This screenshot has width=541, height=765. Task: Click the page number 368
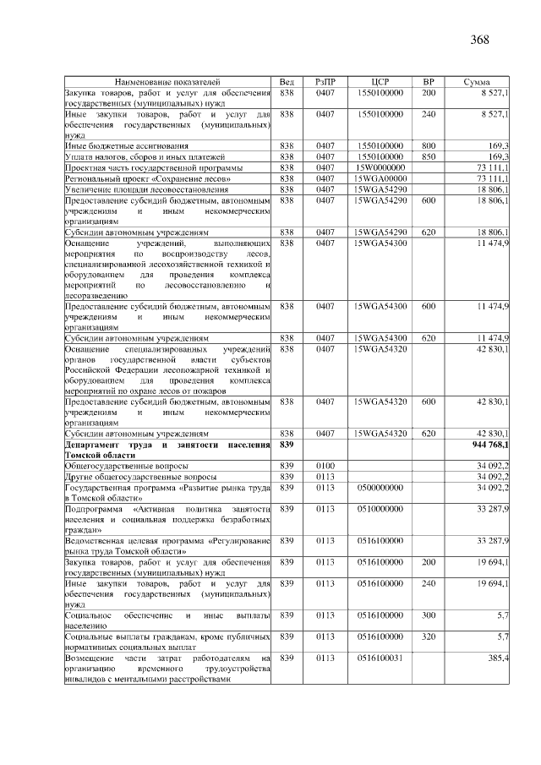[481, 39]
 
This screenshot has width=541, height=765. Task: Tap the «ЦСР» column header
[380, 81]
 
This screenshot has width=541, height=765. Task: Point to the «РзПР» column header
[325, 81]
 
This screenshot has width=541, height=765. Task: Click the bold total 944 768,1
[489, 444]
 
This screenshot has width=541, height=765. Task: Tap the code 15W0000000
[380, 168]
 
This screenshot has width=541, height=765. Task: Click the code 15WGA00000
[380, 179]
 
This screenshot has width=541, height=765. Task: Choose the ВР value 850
[429, 156]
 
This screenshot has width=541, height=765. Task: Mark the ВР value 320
[429, 635]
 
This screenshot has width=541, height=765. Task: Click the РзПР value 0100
[325, 466]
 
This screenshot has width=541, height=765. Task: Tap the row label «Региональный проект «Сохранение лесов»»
[146, 179]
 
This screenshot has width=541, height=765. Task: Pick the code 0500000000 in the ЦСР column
[380, 488]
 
